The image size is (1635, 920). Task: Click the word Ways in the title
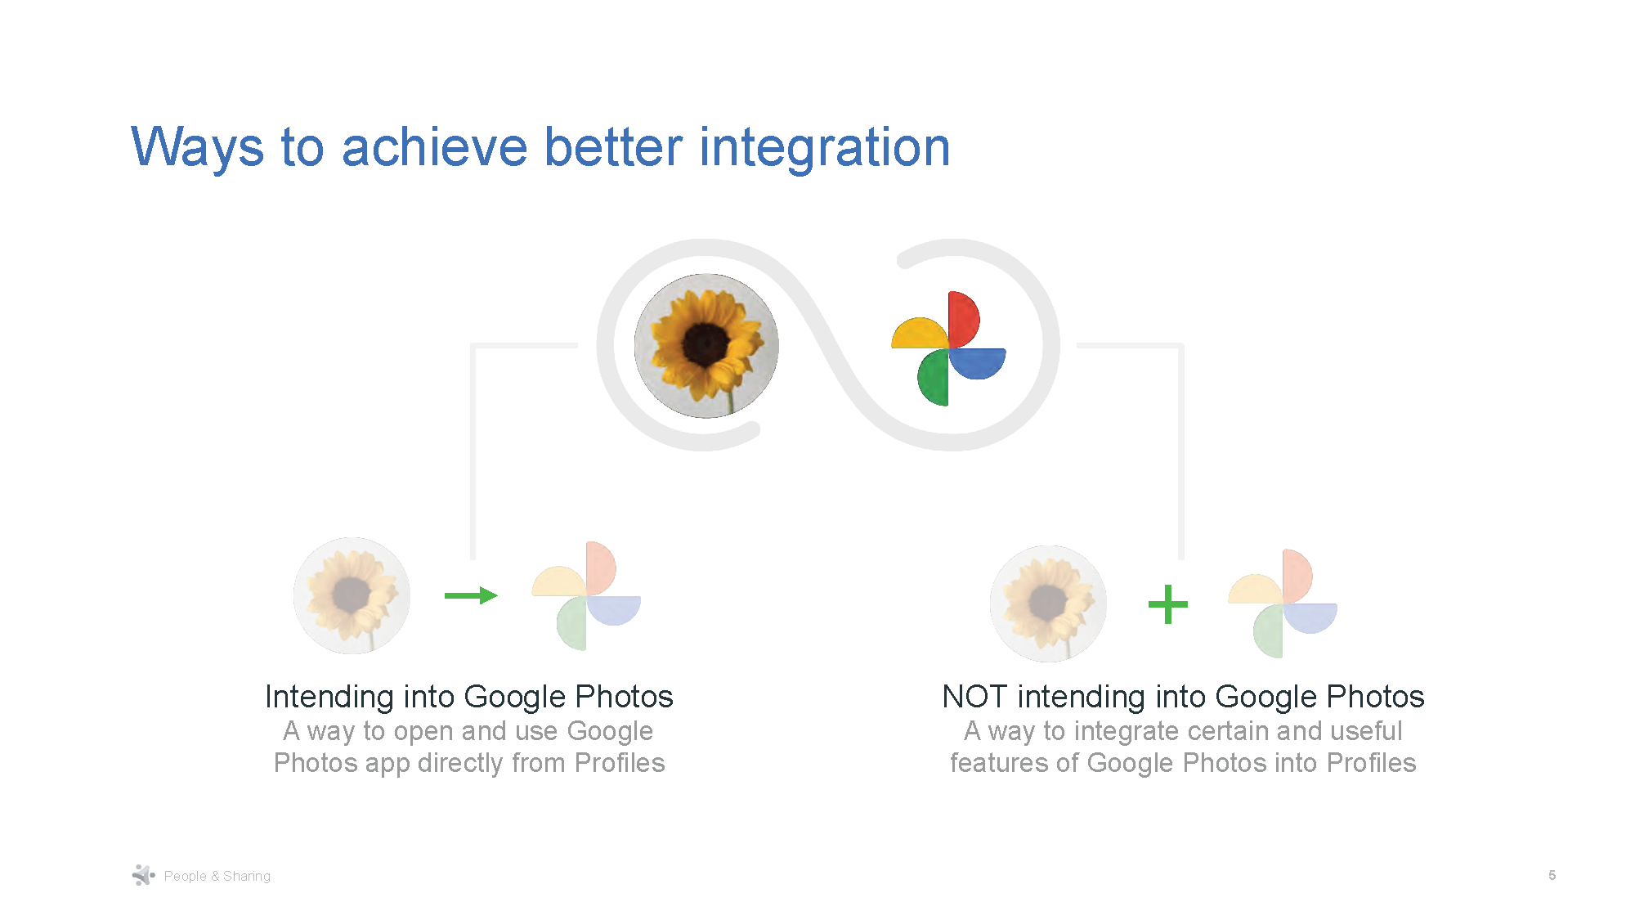pyautogui.click(x=197, y=148)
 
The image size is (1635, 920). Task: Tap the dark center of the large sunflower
pyautogui.click(x=705, y=344)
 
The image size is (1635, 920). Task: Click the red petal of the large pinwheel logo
pyautogui.click(x=963, y=319)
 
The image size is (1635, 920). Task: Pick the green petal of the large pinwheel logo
pyautogui.click(x=934, y=377)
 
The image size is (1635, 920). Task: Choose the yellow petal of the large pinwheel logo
pyautogui.click(x=920, y=334)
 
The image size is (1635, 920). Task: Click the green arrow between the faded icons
pyautogui.click(x=471, y=595)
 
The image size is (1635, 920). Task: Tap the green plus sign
pyautogui.click(x=1167, y=604)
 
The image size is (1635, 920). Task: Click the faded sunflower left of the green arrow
pyautogui.click(x=352, y=595)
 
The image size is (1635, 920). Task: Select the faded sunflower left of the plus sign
pyautogui.click(x=1048, y=604)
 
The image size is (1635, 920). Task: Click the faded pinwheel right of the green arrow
pyautogui.click(x=586, y=595)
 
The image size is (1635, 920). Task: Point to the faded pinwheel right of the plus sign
pyautogui.click(x=1283, y=604)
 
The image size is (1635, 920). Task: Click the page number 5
pyautogui.click(x=1552, y=875)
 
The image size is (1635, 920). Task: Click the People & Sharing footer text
pyautogui.click(x=217, y=876)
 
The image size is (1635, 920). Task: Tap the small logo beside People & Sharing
pyautogui.click(x=143, y=875)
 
